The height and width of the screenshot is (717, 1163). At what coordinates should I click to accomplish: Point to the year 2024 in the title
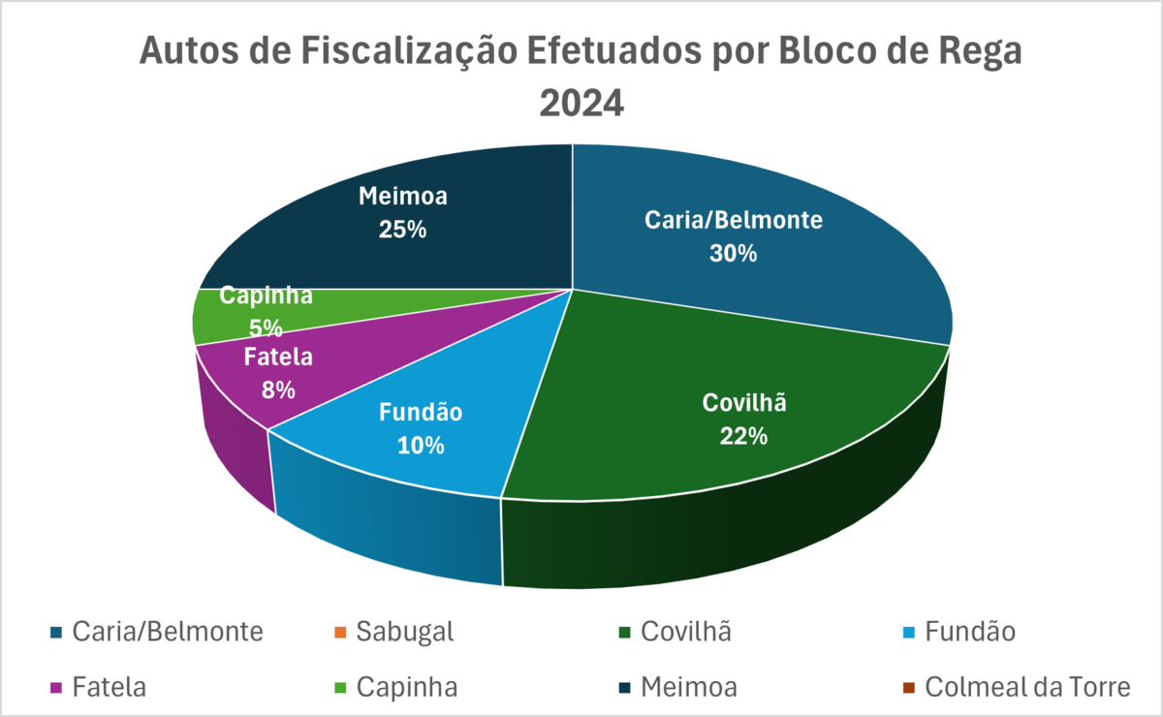pos(581,101)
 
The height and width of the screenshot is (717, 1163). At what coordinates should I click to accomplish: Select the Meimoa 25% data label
pos(403,213)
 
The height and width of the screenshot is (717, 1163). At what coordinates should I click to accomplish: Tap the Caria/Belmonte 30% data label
pos(734,236)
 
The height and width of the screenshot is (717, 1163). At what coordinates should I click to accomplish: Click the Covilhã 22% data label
pos(743,419)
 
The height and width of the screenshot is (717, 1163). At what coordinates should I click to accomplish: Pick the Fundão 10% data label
pos(420,428)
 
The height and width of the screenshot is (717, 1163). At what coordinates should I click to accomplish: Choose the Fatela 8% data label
pos(278,373)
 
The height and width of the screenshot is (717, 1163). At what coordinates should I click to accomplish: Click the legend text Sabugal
pos(405,632)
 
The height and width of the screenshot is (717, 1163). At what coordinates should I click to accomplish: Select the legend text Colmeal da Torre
pos(1027,687)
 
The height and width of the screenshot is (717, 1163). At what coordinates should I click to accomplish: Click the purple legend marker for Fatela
pos(54,688)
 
